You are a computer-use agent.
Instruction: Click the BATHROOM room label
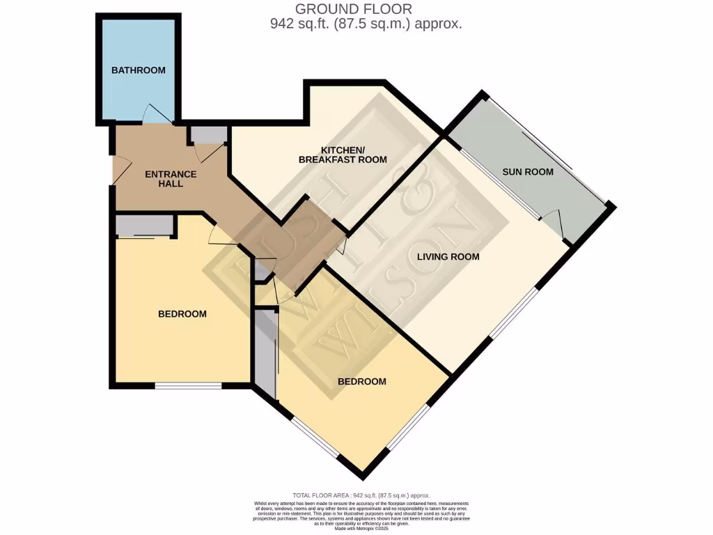point(139,70)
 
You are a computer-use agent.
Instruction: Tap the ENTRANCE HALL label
point(171,179)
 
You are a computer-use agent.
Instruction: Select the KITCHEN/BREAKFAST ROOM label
point(343,155)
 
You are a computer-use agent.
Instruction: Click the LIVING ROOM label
point(448,256)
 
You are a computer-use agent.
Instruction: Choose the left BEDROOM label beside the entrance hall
point(182,314)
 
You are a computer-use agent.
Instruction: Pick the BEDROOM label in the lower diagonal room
point(361,382)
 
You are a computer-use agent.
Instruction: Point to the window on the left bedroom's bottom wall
point(188,385)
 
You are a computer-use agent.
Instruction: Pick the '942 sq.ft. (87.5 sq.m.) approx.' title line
point(366,24)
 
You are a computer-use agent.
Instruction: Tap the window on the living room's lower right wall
point(514,316)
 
